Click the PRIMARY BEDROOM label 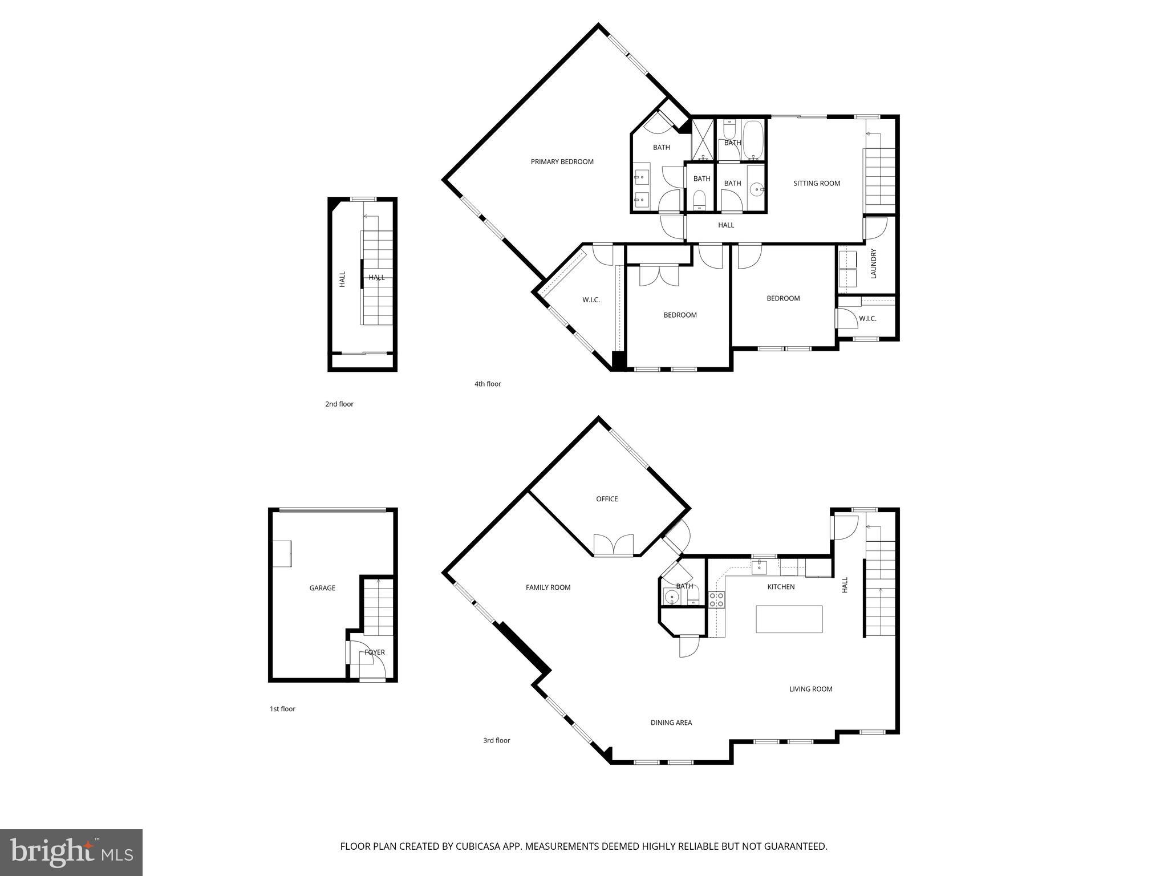tap(562, 162)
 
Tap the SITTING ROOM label tap(817, 184)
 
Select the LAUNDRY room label tap(873, 263)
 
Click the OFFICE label tap(607, 499)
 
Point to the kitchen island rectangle tap(789, 619)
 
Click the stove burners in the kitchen tap(717, 599)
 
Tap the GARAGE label tap(322, 588)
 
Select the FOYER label tap(375, 652)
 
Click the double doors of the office tap(614, 545)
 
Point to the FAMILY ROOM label tap(548, 587)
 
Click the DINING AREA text tap(671, 723)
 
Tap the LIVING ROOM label tap(810, 689)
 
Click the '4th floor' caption tap(488, 384)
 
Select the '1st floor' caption tap(282, 709)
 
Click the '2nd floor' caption tap(339, 404)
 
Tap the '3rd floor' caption tap(496, 741)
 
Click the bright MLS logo tap(71, 853)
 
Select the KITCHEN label tap(781, 587)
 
